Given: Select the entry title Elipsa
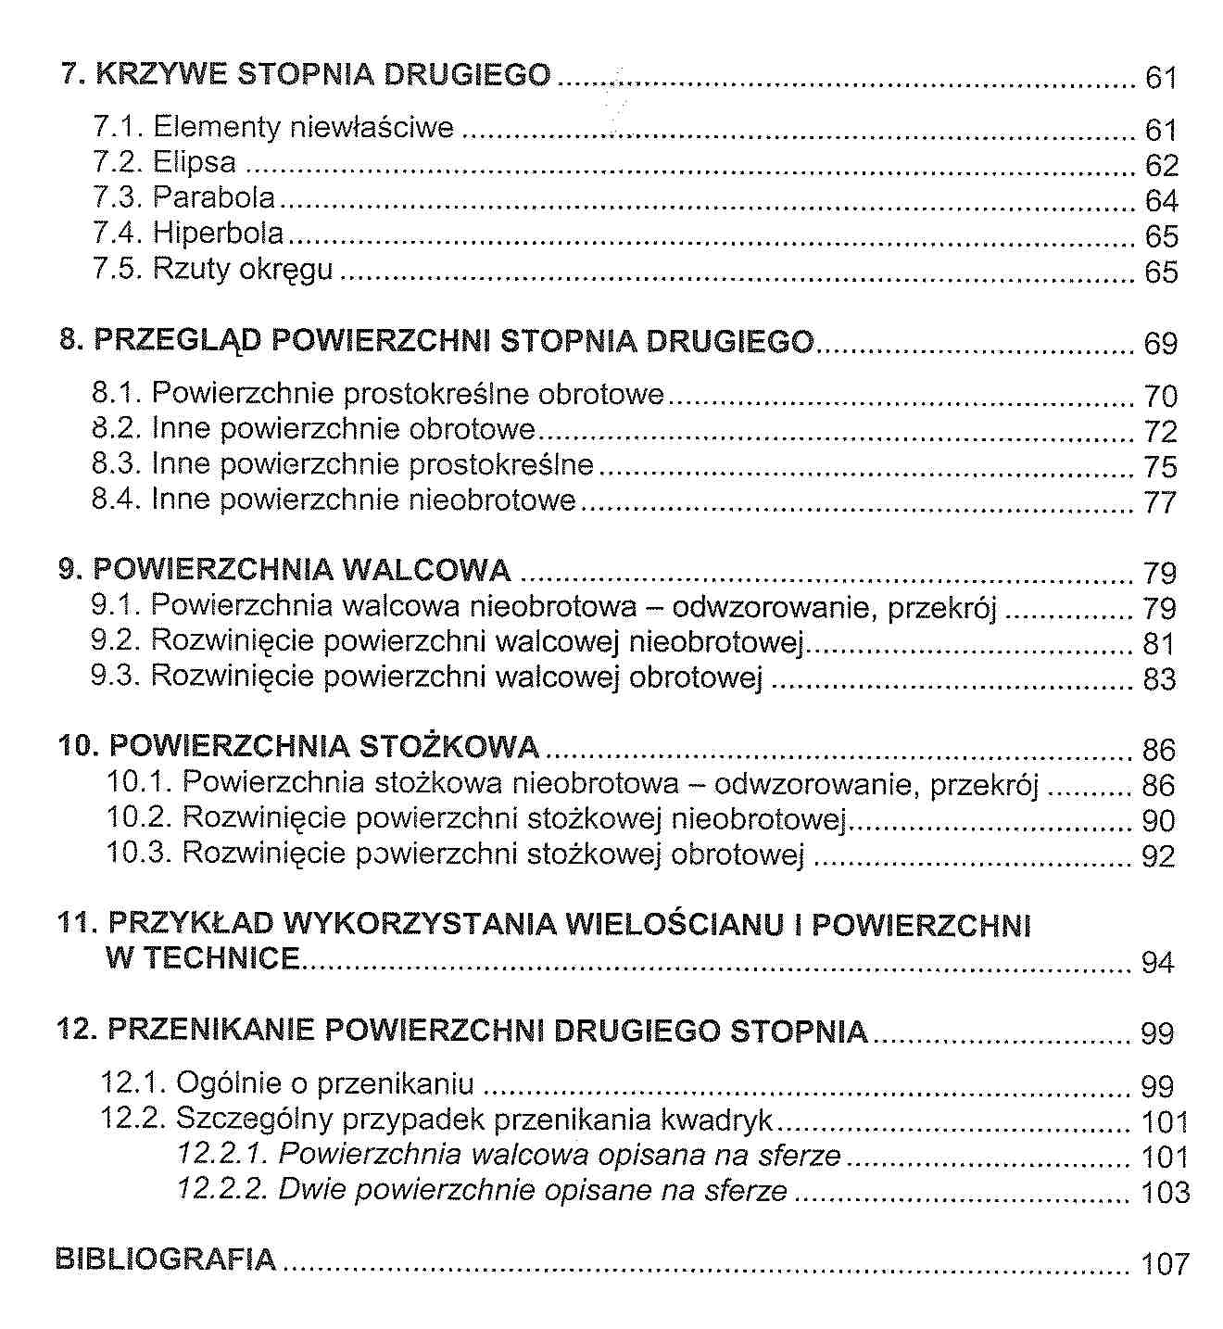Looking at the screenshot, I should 195,163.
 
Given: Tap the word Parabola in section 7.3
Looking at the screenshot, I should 214,198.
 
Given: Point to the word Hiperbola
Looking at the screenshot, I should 219,234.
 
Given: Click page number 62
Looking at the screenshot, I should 1161,166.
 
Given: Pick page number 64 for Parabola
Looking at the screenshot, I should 1161,201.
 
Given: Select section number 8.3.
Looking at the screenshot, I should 116,463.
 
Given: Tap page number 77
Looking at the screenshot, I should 1160,502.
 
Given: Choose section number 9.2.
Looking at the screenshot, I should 115,641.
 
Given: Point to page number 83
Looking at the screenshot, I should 1159,679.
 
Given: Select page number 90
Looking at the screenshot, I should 1158,821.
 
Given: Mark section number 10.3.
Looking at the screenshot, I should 139,853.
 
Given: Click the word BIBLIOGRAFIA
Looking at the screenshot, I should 166,1259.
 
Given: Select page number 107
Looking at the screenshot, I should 1165,1263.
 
